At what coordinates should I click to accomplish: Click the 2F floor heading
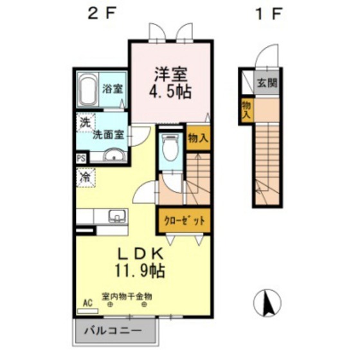click(101, 14)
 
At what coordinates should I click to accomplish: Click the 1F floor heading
click(269, 14)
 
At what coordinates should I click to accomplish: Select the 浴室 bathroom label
click(113, 89)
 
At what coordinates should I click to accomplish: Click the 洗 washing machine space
click(85, 123)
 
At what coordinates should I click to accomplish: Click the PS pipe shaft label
click(81, 159)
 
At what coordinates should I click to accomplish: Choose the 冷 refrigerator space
click(85, 177)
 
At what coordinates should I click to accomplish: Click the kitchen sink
click(117, 216)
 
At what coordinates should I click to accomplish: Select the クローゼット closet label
click(184, 221)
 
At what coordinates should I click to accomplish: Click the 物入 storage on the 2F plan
click(198, 138)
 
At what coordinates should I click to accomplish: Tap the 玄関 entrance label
click(267, 83)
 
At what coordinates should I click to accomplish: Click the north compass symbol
click(267, 302)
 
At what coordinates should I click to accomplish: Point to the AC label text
click(87, 303)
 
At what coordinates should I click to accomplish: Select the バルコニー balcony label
click(113, 331)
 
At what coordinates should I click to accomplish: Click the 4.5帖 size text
click(170, 92)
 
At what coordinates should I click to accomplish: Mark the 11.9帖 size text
click(140, 271)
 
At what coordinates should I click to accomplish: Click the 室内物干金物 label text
click(127, 296)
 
